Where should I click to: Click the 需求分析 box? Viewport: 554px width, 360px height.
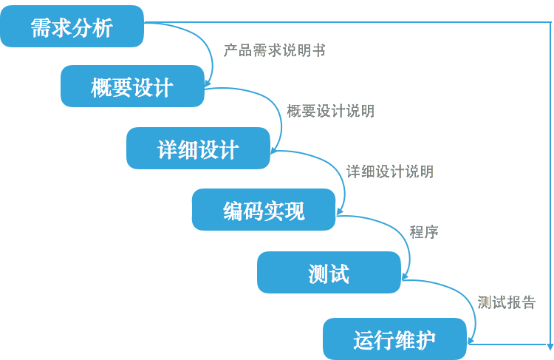coord(72,27)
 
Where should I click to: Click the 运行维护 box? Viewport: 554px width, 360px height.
coord(394,339)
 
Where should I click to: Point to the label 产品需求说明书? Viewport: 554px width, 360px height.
coord(274,50)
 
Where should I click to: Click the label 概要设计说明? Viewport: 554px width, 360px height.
coord(330,111)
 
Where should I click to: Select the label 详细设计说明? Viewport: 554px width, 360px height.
coord(389,171)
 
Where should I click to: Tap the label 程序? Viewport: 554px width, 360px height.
coord(424,231)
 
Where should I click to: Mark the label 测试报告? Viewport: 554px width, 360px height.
coord(506,302)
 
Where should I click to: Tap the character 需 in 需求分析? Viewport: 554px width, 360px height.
coord(41,27)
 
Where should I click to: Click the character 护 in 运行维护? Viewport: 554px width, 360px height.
coord(425,339)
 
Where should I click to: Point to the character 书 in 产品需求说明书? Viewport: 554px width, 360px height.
coord(319,50)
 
